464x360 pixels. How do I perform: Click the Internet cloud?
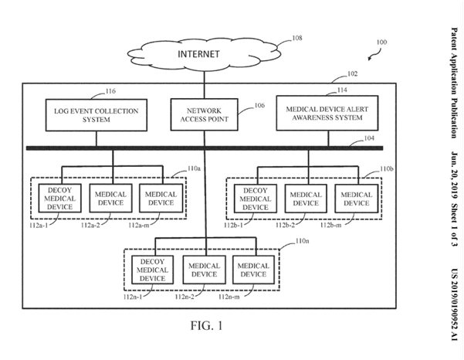click(205, 55)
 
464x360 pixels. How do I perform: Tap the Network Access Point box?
click(205, 116)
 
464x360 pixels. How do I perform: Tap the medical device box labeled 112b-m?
click(356, 199)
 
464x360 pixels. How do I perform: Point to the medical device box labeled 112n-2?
click(205, 270)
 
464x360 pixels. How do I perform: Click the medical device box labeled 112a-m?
click(161, 199)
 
